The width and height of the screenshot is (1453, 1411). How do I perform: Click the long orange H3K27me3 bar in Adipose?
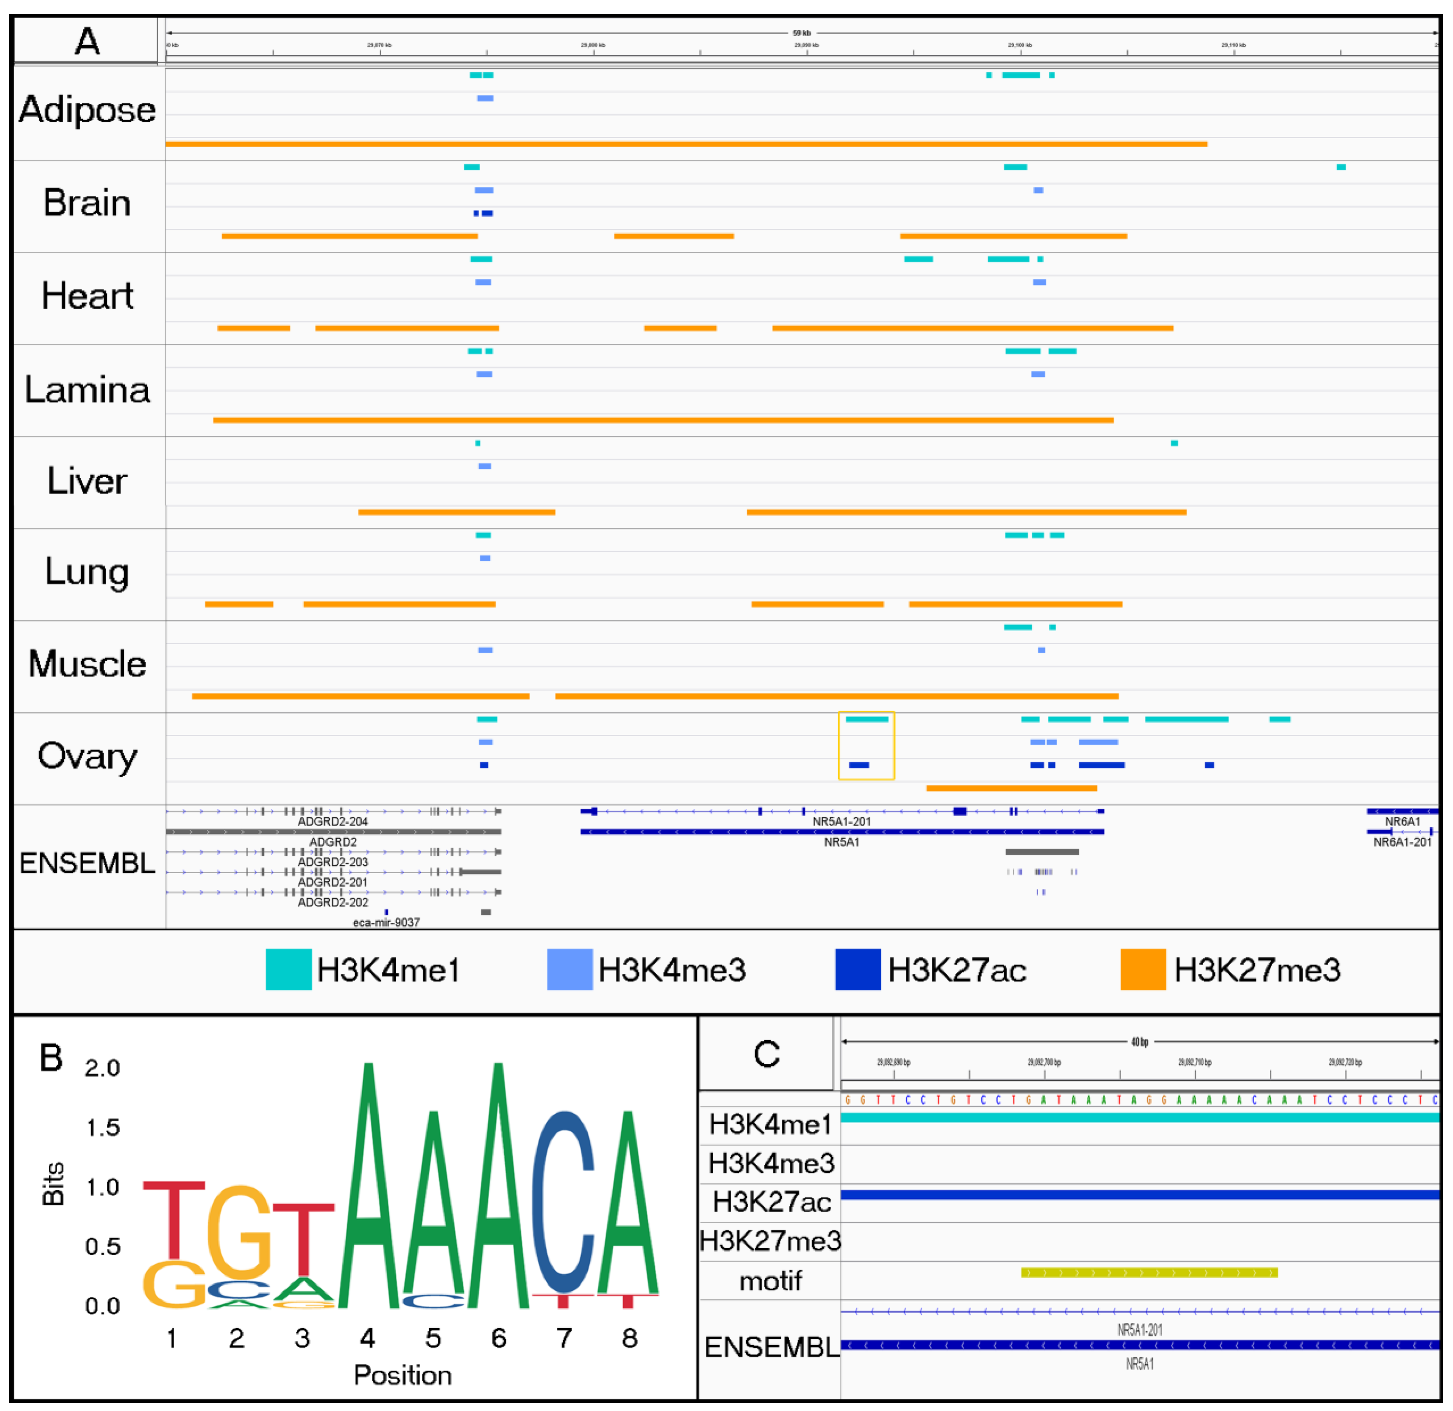pyautogui.click(x=686, y=144)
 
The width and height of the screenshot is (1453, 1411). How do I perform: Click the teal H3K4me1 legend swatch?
pyautogui.click(x=289, y=969)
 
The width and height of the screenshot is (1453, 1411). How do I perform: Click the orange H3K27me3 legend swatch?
pyautogui.click(x=1142, y=969)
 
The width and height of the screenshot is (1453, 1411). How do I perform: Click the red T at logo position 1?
pyautogui.click(x=173, y=1220)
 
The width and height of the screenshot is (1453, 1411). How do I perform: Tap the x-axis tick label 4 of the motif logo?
pyautogui.click(x=368, y=1338)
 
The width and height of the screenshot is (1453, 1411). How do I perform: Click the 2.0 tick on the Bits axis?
pyautogui.click(x=102, y=1068)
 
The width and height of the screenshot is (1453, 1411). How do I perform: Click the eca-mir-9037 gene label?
pyautogui.click(x=386, y=922)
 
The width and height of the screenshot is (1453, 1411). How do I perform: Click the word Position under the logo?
pyautogui.click(x=403, y=1375)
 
